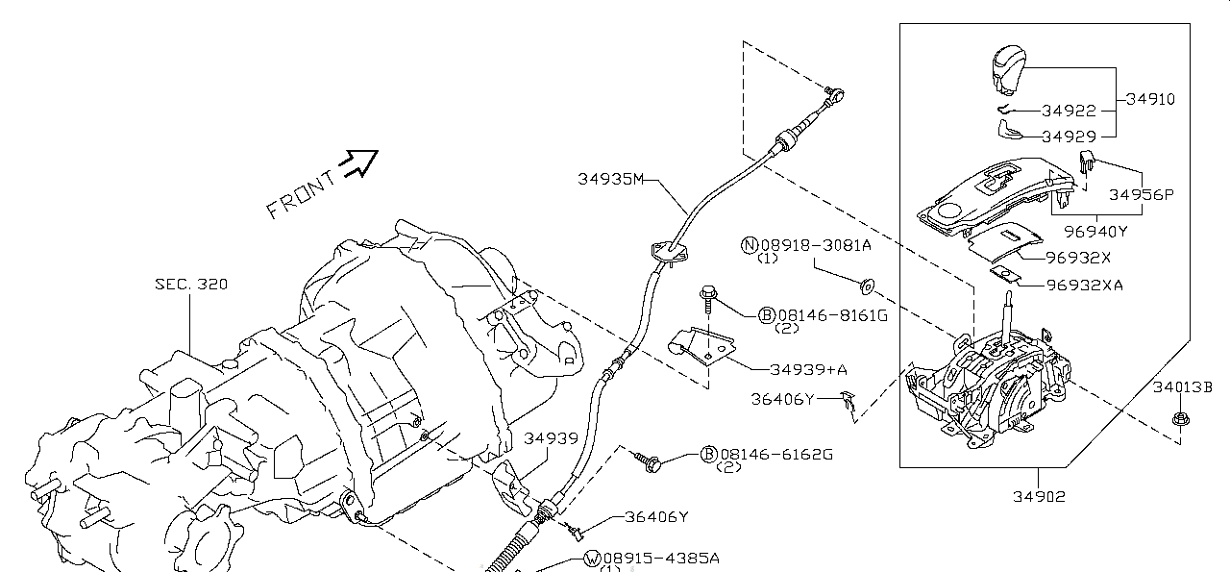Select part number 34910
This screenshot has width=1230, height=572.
tap(1150, 99)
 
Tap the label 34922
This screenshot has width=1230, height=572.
tap(1069, 112)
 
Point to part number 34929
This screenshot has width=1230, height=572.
tap(1069, 137)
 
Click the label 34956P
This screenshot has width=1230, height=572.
tap(1142, 194)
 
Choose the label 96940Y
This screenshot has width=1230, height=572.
tap(1095, 231)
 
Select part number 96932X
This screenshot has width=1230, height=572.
tap(1078, 258)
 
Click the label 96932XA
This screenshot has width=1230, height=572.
tap(1084, 285)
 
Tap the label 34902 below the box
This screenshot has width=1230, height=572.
tap(1038, 496)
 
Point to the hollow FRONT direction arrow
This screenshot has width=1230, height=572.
tap(359, 162)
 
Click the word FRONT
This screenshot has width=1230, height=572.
tap(301, 195)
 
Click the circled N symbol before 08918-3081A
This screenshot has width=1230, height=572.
tap(750, 245)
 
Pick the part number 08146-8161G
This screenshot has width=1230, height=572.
tap(832, 314)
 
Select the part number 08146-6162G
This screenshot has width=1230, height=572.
tap(775, 454)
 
